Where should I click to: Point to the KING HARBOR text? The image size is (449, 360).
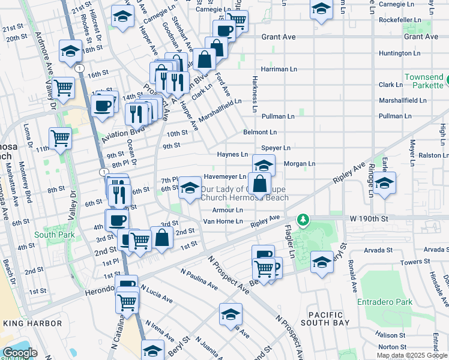(32, 323)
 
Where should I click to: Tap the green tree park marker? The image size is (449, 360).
(304, 220)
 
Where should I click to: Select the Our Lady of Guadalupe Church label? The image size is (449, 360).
(244, 193)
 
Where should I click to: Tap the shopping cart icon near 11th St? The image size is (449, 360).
(61, 138)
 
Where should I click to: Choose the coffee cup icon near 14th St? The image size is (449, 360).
(103, 106)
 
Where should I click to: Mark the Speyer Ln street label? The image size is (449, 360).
(276, 148)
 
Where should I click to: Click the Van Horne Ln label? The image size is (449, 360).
(222, 221)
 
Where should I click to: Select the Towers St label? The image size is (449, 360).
(399, 263)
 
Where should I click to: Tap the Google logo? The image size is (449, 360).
(19, 353)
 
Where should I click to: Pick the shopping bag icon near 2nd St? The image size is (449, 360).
(162, 237)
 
